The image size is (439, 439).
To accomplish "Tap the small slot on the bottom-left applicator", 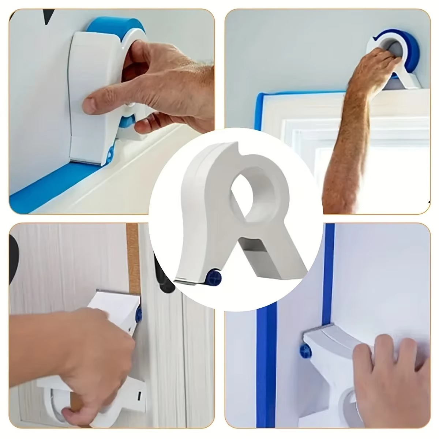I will pos(139,395).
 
